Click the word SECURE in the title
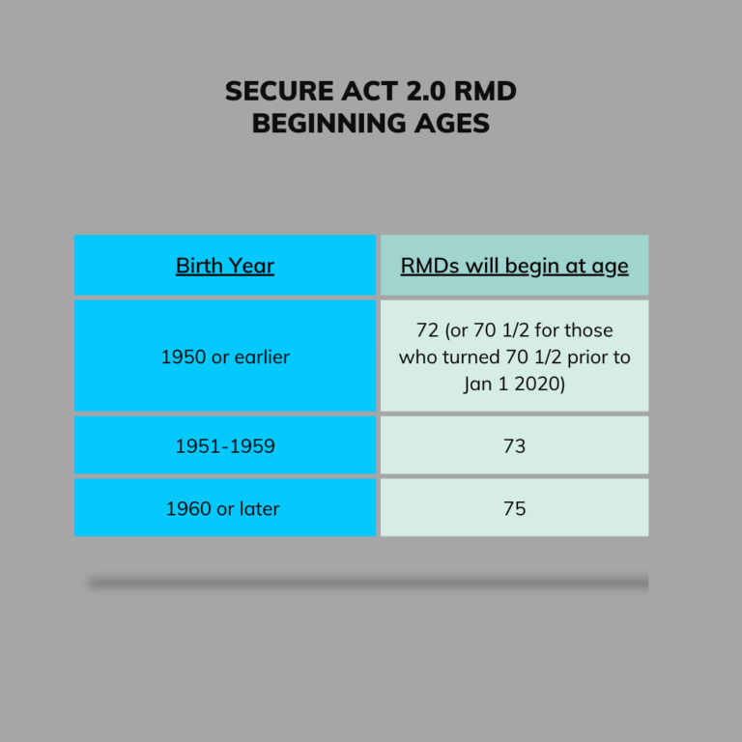pos(279,91)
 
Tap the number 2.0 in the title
pos(425,91)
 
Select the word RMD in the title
pos(485,91)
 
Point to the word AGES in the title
pos(452,123)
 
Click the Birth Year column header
pos(225,266)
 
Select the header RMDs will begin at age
pos(514,266)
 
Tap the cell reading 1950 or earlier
pos(225,357)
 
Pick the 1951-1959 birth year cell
pos(225,445)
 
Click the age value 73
pos(514,445)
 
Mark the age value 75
pos(514,509)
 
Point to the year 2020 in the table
pos(536,384)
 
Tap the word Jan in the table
pos(478,385)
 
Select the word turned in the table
pos(471,357)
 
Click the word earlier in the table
pos(262,357)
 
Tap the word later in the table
pos(259,509)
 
